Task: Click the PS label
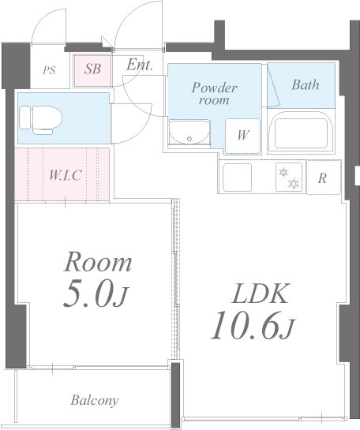click(50, 70)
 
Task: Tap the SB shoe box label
click(92, 69)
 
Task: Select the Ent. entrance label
click(139, 65)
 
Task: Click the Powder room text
click(214, 94)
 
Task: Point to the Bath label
click(305, 84)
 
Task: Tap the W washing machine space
click(242, 136)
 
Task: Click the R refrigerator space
click(323, 178)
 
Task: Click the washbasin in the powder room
click(189, 132)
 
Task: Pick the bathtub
click(301, 131)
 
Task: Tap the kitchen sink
click(238, 178)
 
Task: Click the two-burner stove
click(289, 178)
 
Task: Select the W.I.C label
click(65, 175)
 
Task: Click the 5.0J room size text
click(96, 297)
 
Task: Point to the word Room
click(98, 263)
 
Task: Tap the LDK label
click(260, 294)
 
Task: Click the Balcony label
click(95, 400)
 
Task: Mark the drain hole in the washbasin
click(189, 139)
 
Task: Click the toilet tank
click(24, 118)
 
